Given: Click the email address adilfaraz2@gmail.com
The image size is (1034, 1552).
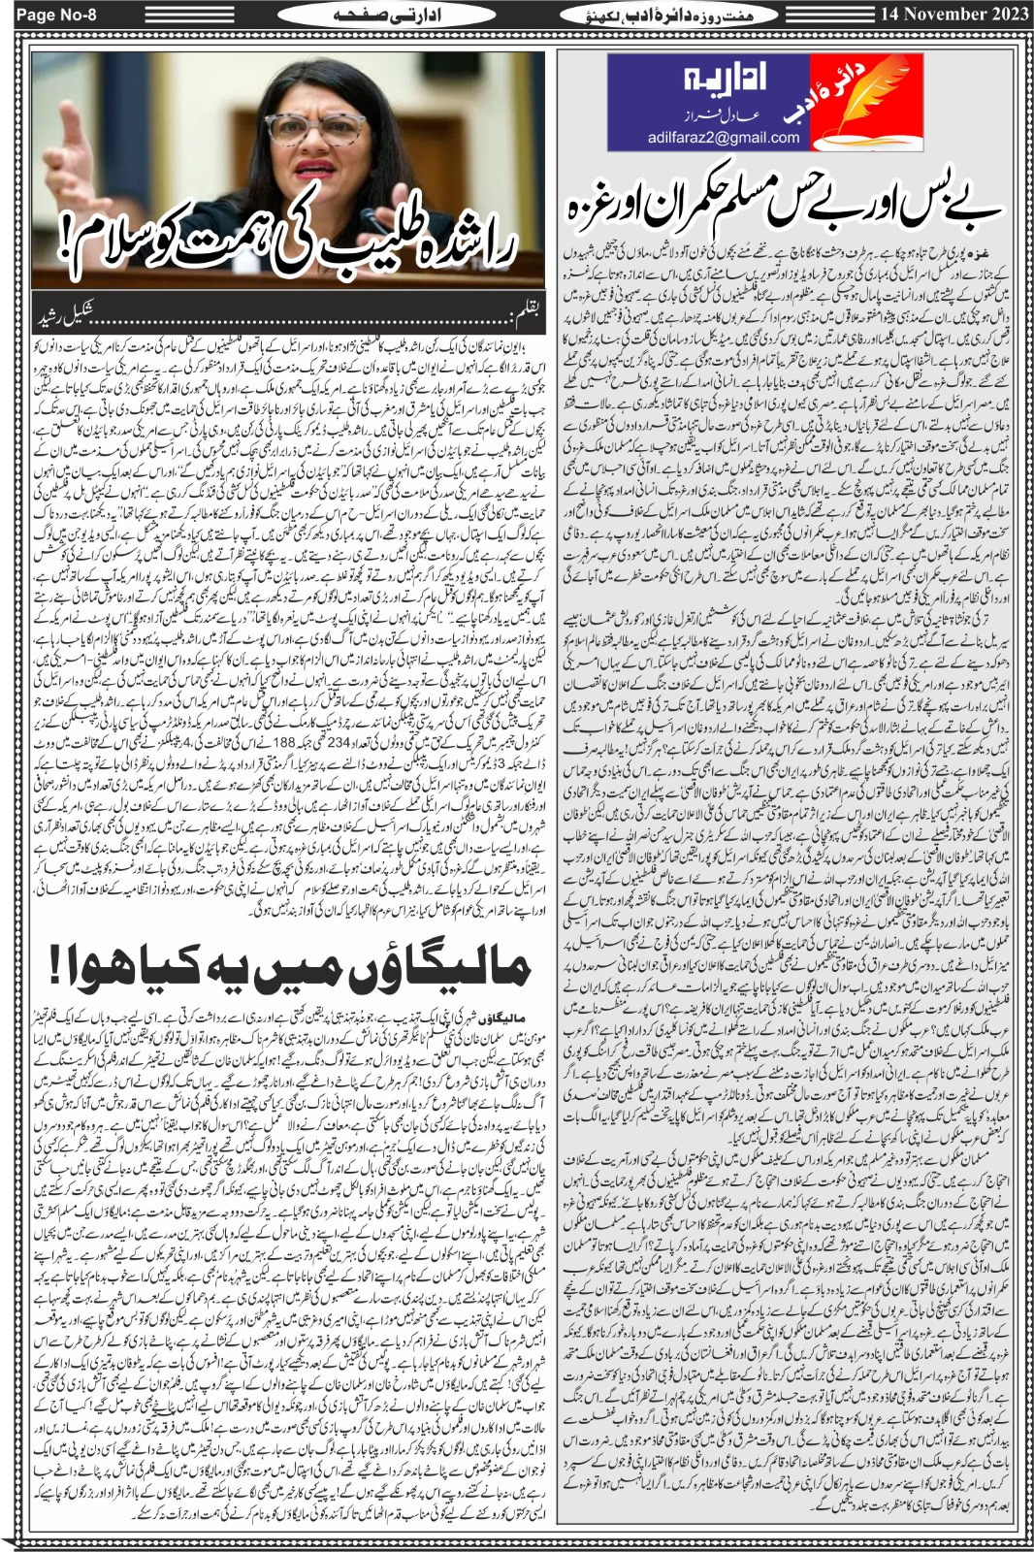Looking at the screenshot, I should coord(724,138).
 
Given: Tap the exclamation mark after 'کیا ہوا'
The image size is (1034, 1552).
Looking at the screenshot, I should coord(60,967).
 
